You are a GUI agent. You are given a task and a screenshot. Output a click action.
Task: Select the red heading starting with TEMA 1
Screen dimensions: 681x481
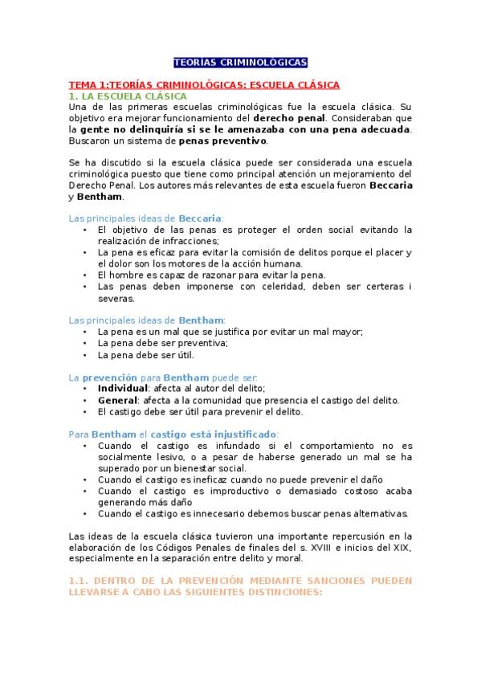pos(204,84)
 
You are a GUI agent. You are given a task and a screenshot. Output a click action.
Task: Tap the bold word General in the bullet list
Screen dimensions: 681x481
pos(118,399)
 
